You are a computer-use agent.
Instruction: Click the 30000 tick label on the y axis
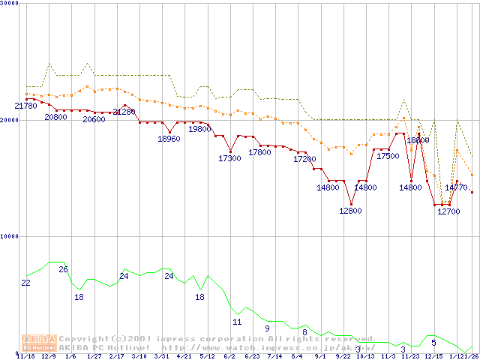[10, 3]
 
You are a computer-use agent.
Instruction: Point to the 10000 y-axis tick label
[10, 235]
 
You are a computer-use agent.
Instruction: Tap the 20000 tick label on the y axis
[10, 119]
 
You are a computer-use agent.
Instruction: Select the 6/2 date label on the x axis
[229, 356]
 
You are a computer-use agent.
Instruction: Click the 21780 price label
[26, 106]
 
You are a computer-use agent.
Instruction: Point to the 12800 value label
[350, 211]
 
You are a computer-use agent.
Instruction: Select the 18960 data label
[169, 139]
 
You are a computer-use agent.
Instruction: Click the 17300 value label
[229, 158]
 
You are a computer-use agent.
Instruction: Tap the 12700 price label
[448, 211]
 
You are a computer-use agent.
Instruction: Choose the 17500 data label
[388, 157]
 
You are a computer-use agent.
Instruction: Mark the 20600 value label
[94, 119]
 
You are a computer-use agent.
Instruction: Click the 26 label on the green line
[63, 269]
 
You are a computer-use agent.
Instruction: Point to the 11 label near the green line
[237, 322]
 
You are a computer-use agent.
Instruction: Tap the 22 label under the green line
[25, 283]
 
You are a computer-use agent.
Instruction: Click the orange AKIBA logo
[39, 342]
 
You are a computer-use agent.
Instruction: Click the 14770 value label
[456, 187]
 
